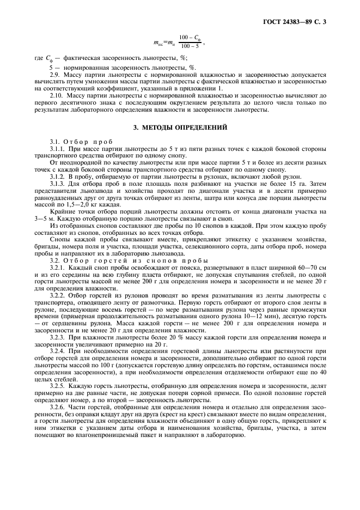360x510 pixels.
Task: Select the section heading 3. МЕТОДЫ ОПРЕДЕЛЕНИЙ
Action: pos(180,127)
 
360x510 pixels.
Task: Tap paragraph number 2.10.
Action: pos(58,96)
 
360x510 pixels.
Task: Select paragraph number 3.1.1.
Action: pos(58,149)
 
